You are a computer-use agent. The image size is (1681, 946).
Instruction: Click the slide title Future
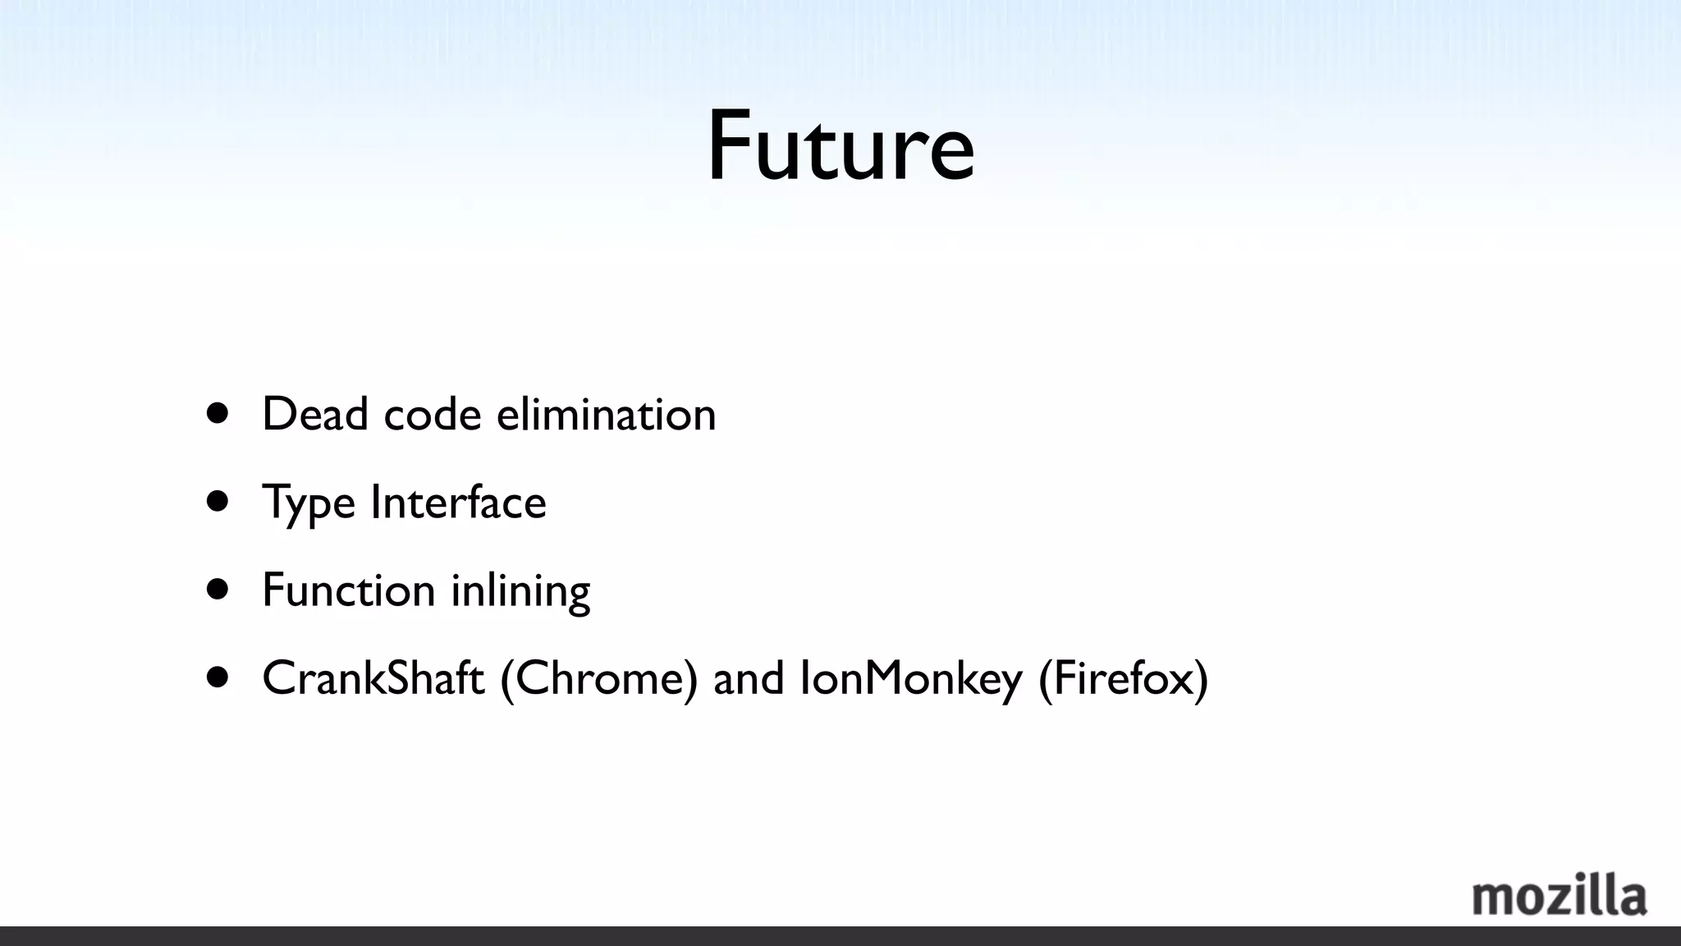[x=840, y=146]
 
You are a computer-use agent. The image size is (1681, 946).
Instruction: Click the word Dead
[x=315, y=413]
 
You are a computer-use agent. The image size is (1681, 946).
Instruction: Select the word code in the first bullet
[x=432, y=413]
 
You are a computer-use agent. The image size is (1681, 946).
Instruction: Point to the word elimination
[x=606, y=413]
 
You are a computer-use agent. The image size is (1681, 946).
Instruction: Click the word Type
[x=309, y=503]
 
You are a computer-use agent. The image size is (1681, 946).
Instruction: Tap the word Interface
[x=458, y=502]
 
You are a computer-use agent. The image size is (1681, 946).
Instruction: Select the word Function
[x=348, y=590]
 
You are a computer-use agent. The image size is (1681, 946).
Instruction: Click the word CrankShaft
[x=373, y=678]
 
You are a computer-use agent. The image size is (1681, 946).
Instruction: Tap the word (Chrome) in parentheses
[x=599, y=678]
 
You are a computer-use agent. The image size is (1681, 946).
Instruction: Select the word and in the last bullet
[x=749, y=678]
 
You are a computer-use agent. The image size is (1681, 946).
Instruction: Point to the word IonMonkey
[x=911, y=678]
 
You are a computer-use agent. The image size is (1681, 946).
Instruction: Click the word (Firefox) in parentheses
[x=1123, y=678]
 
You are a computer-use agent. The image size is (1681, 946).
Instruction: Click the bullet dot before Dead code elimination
[x=218, y=412]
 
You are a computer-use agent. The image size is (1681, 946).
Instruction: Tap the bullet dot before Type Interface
[x=218, y=501]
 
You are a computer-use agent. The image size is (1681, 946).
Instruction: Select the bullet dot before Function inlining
[x=218, y=589]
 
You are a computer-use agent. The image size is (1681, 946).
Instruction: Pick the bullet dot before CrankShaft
[x=218, y=677]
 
